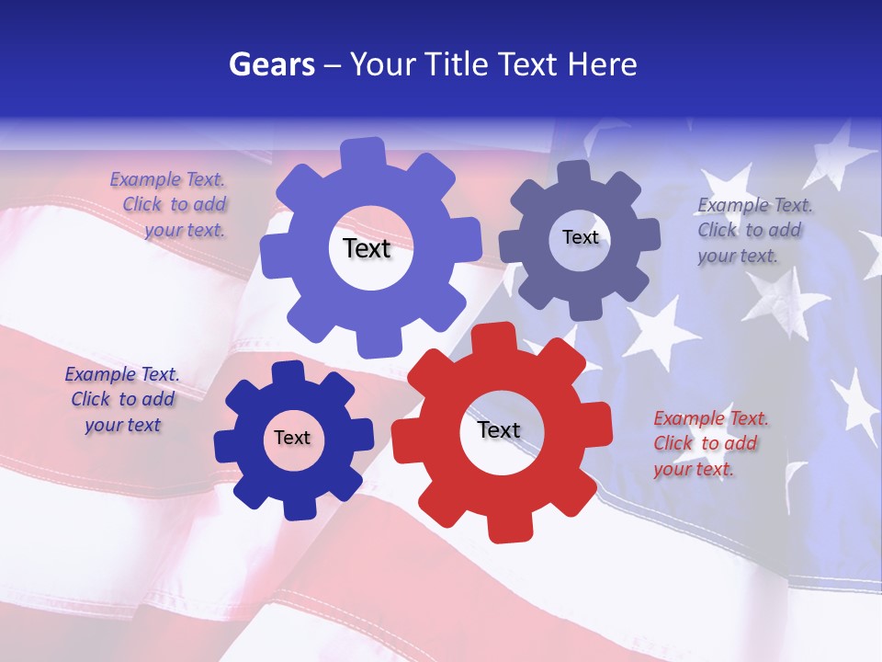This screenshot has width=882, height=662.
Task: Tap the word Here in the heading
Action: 603,64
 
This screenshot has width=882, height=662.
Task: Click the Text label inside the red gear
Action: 499,429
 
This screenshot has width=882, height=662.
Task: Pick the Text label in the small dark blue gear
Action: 292,438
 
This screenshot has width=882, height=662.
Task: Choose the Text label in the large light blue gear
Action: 367,248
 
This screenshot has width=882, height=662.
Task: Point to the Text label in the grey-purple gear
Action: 581,237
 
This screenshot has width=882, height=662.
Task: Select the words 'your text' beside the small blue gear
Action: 122,425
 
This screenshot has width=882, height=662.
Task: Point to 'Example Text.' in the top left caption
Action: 167,180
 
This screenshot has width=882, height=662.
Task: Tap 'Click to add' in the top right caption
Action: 749,230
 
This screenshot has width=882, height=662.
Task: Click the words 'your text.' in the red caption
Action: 694,469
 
